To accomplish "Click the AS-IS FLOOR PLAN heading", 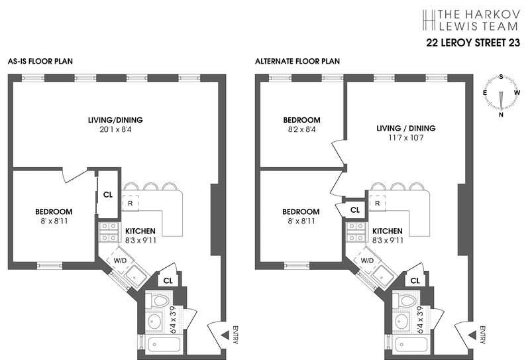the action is coord(40,62).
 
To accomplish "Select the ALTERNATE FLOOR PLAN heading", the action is coord(297,62).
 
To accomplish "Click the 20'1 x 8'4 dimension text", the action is coord(115,131).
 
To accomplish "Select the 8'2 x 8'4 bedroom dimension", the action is coord(301,131).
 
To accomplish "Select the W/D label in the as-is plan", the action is coord(120,261).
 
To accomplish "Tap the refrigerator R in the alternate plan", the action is coord(377,203).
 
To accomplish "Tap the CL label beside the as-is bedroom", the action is coord(108,195).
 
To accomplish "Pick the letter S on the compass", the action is coord(502,76).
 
